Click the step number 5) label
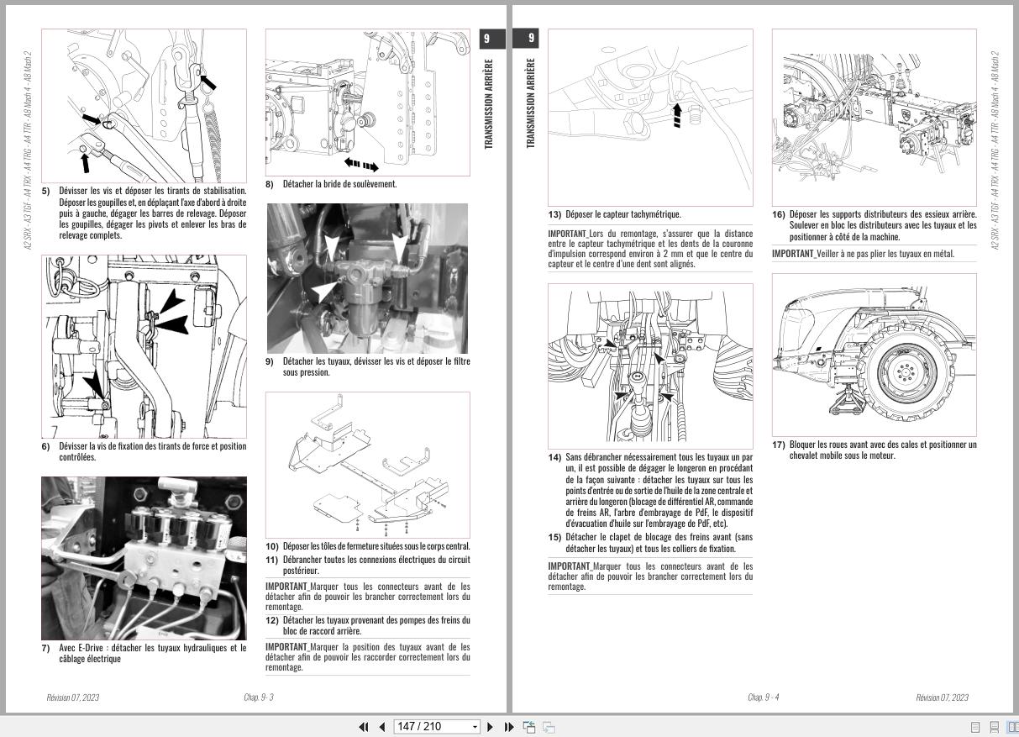[x=46, y=191]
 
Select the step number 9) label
[x=270, y=361]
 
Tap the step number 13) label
[x=554, y=214]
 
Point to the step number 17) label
[x=778, y=445]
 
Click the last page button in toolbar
[x=508, y=727]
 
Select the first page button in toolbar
[x=364, y=727]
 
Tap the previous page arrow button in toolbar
[x=382, y=727]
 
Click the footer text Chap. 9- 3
[x=259, y=698]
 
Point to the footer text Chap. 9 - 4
[x=763, y=698]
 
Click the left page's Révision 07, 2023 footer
[x=72, y=698]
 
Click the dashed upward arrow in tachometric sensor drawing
[x=677, y=114]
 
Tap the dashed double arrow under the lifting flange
[x=361, y=165]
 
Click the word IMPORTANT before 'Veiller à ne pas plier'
[x=792, y=254]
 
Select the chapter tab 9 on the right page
[x=531, y=39]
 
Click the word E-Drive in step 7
[x=92, y=648]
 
